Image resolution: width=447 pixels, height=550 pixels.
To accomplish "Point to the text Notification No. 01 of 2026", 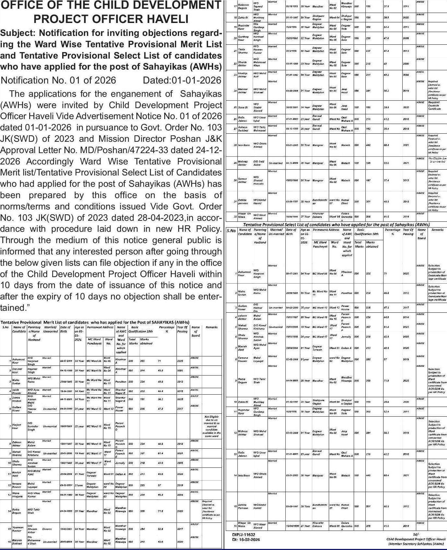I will [x=58, y=80].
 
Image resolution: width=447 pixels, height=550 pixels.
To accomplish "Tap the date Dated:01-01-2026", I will [x=182, y=80].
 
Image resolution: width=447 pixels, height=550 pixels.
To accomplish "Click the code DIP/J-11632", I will [x=244, y=535].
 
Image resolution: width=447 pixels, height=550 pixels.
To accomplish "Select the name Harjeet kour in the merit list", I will [x=17, y=426].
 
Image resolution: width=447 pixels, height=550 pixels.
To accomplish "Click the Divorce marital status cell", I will [x=47, y=529].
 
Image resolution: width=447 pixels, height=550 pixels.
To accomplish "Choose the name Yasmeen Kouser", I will [x=18, y=529].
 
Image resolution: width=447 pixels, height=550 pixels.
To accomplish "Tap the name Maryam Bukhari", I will [x=17, y=542].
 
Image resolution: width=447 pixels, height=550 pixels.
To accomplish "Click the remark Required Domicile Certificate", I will [x=434, y=106].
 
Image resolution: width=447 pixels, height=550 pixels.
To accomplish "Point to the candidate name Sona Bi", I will [x=243, y=107].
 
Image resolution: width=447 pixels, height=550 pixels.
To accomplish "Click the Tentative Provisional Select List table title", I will [x=336, y=224].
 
